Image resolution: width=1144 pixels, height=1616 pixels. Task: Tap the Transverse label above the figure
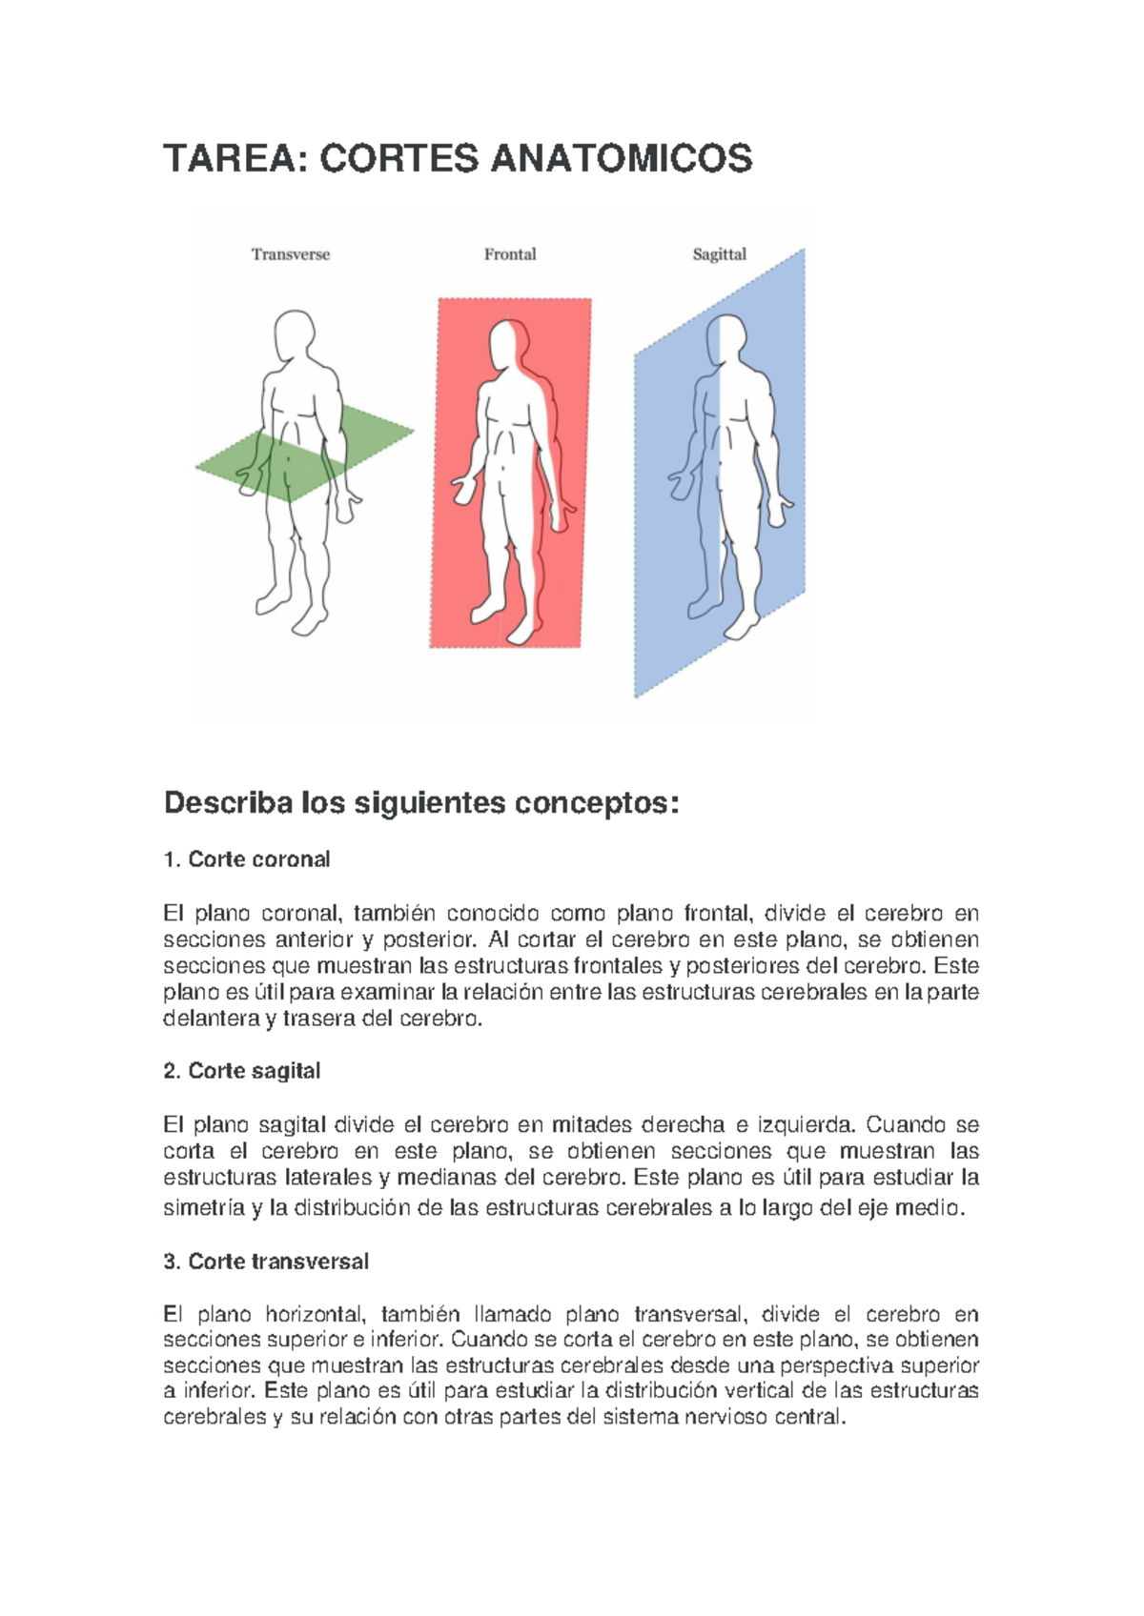point(291,254)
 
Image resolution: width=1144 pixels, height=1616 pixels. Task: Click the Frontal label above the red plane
point(510,254)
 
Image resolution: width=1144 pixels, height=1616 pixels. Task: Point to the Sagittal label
point(719,254)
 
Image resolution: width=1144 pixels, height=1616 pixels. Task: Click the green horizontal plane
point(372,434)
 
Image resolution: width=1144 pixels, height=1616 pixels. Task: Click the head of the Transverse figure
point(295,335)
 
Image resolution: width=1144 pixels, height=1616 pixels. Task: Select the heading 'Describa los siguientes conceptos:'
point(421,803)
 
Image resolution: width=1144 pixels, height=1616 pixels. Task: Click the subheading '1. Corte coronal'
point(247,859)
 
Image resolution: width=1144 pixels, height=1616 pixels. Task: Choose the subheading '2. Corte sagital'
point(242,1071)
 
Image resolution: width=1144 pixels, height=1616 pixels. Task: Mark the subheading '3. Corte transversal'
point(266,1262)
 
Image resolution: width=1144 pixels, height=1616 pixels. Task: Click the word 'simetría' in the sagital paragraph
point(204,1208)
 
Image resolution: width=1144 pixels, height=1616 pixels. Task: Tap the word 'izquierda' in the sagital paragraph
point(804,1124)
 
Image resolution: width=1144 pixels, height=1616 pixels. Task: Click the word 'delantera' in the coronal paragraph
point(207,1019)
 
